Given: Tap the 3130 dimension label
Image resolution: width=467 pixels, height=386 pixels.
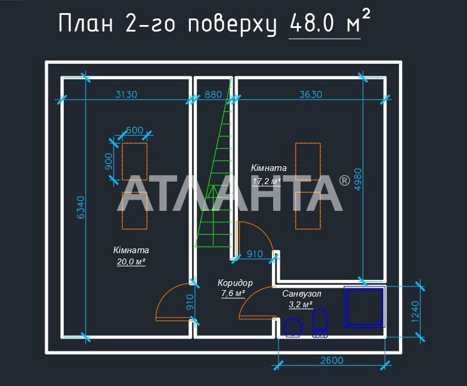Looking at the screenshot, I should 126,94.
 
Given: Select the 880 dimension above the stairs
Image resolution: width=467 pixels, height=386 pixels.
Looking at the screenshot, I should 213,94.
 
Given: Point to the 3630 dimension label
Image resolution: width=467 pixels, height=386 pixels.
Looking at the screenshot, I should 310,94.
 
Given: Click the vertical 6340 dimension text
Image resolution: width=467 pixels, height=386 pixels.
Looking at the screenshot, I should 80,208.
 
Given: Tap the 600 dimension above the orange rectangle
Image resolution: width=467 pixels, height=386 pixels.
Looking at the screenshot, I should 134,130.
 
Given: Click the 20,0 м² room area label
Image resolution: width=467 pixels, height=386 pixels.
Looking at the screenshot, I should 131,262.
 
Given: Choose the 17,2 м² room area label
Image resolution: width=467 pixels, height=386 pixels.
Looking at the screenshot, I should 267,180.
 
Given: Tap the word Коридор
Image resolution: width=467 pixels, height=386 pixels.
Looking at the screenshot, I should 235,283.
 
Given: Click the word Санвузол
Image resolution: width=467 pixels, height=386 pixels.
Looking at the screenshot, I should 302,294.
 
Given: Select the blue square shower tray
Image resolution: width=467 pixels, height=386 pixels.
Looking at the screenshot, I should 364,307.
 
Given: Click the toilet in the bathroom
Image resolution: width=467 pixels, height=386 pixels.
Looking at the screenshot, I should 320,323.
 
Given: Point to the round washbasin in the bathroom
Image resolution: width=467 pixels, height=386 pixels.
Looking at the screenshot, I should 293,328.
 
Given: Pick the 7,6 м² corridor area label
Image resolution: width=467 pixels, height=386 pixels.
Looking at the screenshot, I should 233,293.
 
